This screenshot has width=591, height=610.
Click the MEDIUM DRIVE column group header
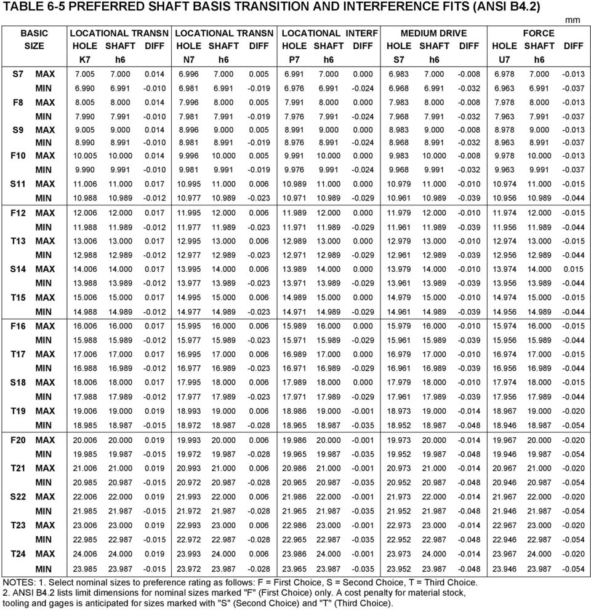[433, 33]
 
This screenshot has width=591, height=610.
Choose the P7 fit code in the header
[294, 60]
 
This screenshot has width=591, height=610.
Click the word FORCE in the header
[538, 33]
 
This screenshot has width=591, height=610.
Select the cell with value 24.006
[84, 553]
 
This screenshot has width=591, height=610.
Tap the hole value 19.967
[505, 440]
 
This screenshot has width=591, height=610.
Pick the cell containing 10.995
[188, 184]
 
